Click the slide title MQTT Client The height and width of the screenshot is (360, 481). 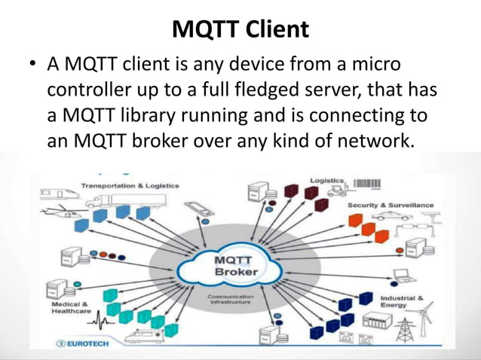[240, 29]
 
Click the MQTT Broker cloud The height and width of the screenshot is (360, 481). [236, 266]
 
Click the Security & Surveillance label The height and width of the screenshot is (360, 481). [391, 205]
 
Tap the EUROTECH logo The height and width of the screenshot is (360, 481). [84, 343]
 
